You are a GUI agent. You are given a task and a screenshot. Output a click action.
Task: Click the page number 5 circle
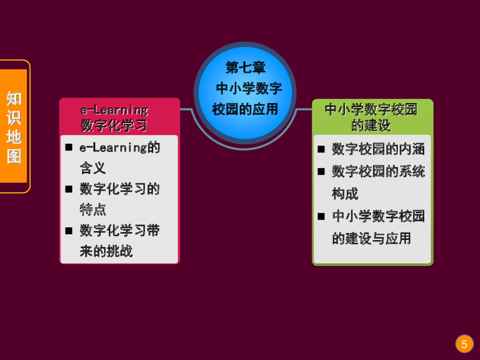[x=464, y=345]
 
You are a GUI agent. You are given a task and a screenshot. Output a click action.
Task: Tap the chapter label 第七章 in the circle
[x=245, y=67]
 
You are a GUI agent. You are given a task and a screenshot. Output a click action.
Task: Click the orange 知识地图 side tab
[x=14, y=127]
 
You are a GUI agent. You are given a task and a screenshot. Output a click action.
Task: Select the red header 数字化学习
[x=114, y=126]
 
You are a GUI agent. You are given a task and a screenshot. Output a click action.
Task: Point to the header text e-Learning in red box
[x=114, y=110]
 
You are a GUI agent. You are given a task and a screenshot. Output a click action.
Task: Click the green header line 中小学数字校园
[x=371, y=110]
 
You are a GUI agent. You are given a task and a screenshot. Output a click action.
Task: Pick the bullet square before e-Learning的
[x=69, y=148]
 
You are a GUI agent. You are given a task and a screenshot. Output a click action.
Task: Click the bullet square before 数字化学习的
[x=69, y=189]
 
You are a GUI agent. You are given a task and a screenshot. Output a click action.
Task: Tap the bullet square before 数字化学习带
[x=69, y=230]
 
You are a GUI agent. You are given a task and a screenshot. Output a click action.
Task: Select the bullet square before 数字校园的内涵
[x=321, y=149]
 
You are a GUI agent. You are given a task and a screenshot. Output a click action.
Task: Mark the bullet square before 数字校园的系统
[x=321, y=172]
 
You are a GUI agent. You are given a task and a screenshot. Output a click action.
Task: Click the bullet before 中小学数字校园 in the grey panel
[x=321, y=216]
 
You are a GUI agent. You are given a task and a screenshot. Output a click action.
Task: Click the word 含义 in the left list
[x=92, y=168]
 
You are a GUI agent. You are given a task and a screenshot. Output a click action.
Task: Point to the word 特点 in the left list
[x=92, y=209]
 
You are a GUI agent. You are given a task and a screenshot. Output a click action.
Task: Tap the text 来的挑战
[x=106, y=251]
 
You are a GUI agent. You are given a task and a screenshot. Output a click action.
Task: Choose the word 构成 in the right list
[x=345, y=193]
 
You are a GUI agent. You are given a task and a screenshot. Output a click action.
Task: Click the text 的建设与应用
[x=371, y=238]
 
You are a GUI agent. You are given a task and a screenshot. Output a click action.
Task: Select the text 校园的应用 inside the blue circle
[x=245, y=109]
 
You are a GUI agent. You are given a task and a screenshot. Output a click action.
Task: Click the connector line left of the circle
[x=187, y=110]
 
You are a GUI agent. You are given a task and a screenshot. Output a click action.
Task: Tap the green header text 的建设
[x=371, y=126]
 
